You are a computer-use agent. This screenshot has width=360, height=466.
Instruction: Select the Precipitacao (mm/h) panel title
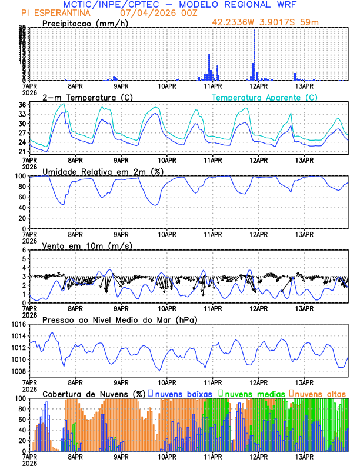point(85,23)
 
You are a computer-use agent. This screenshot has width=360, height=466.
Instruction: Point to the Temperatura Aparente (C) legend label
point(264,97)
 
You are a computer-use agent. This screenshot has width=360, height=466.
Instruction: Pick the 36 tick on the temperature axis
point(22,105)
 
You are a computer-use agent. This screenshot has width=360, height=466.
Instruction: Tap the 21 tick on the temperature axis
point(22,152)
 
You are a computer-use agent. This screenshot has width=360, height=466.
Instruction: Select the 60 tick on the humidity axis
point(22,197)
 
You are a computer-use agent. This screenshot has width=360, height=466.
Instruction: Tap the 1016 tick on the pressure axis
point(18,324)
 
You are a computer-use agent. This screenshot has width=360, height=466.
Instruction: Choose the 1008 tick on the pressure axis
point(18,371)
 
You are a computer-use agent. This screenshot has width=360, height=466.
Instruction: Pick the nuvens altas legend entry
point(320,393)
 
